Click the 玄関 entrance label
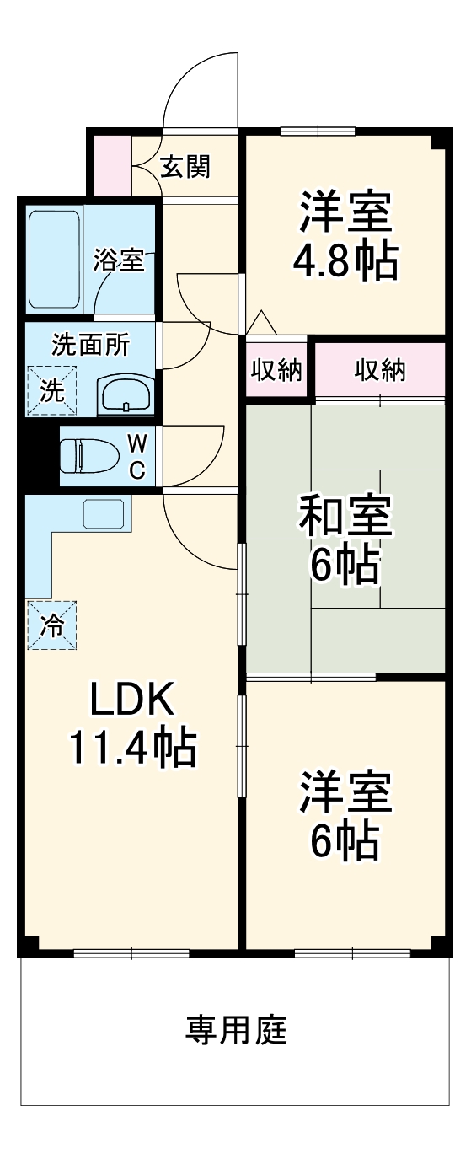(x=185, y=168)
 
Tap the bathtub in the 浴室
(x=55, y=259)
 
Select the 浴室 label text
(x=119, y=260)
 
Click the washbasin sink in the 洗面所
(x=126, y=394)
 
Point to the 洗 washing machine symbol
(x=51, y=391)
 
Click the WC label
(x=137, y=456)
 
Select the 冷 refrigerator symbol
(x=51, y=625)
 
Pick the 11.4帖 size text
(x=132, y=747)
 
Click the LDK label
(x=132, y=699)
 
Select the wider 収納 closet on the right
(x=380, y=369)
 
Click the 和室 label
(x=345, y=518)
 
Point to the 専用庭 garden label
(x=236, y=1030)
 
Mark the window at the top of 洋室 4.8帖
(x=318, y=131)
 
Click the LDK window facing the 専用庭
(x=131, y=953)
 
